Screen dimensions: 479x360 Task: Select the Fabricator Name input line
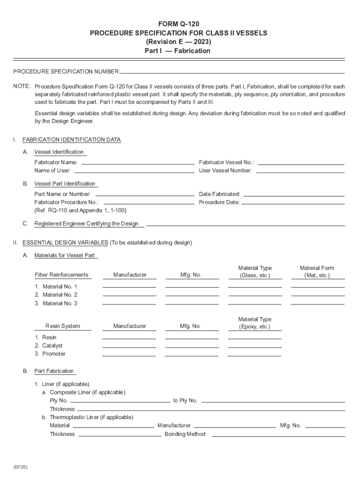[138, 163]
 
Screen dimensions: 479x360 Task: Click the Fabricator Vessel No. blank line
[301, 163]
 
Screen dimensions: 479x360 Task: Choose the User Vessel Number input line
[300, 172]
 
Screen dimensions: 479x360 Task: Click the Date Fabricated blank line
[294, 195]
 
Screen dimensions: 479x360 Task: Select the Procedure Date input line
[293, 203]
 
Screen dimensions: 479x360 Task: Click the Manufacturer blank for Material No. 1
[129, 286]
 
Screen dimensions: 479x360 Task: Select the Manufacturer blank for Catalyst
[129, 346]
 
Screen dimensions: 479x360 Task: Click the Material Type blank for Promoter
[254, 355]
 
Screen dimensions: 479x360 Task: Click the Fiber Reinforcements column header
[61, 275]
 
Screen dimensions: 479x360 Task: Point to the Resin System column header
[62, 326]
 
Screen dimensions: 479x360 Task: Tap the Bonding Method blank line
[278, 435]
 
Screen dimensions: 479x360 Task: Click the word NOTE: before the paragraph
[22, 87]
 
